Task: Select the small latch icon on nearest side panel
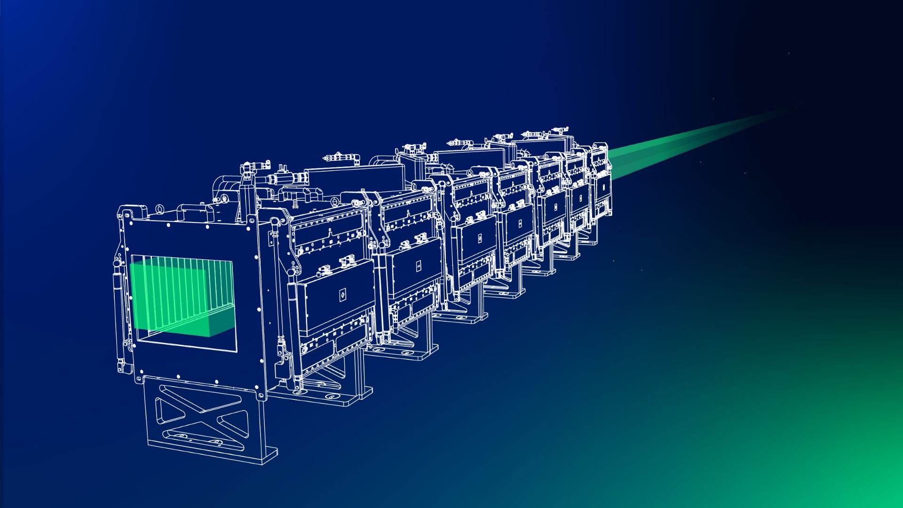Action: (342, 295)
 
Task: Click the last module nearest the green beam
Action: (601, 183)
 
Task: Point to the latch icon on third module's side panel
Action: (479, 238)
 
